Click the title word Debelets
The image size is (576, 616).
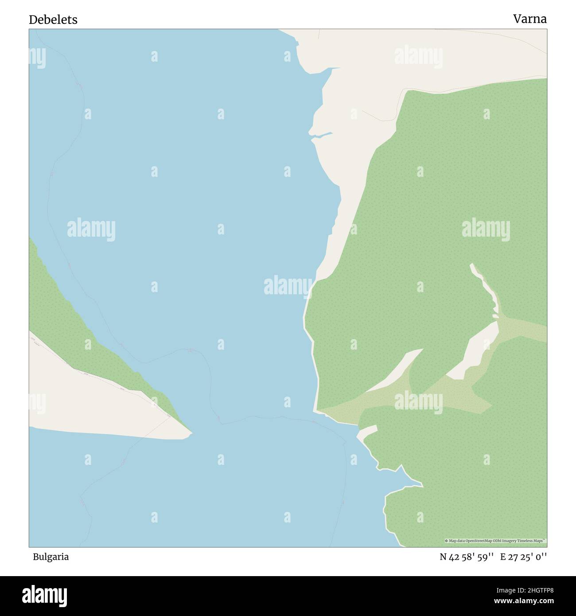(x=53, y=19)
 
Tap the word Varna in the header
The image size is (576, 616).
(x=530, y=19)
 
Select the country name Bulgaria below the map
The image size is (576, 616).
(x=51, y=557)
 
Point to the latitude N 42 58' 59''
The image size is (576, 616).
(x=467, y=557)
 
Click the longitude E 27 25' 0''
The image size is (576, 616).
(x=523, y=557)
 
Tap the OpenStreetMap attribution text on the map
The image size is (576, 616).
(x=495, y=541)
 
